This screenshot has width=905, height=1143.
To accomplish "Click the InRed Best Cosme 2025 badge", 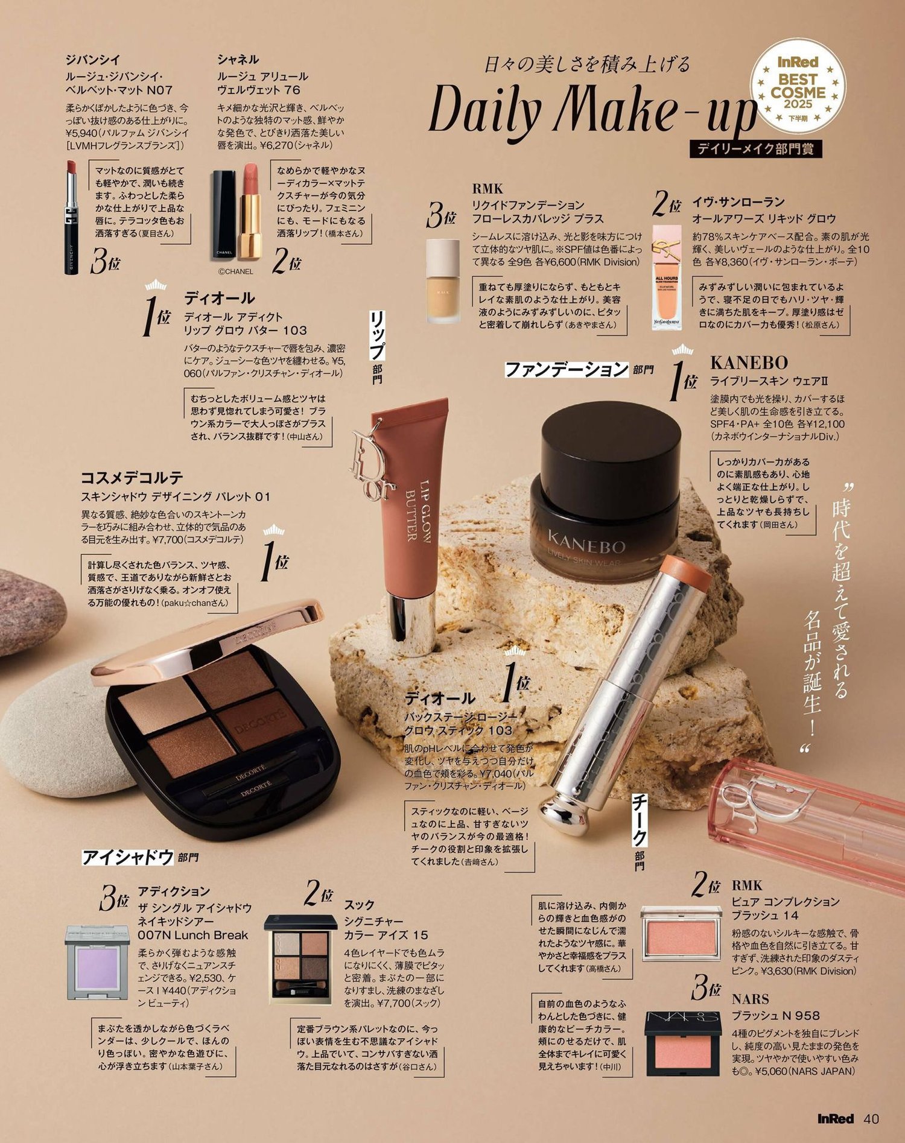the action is tap(797, 85).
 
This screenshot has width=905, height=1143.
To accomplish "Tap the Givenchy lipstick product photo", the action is tap(72, 217).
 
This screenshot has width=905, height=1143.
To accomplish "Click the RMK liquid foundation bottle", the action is tap(443, 280).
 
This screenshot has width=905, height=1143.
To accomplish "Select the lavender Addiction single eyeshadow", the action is tap(97, 961).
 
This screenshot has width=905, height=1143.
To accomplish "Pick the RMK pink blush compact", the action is tap(681, 933).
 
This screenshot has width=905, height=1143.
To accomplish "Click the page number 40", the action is tap(871, 1118).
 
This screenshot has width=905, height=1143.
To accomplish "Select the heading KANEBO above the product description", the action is tap(749, 363).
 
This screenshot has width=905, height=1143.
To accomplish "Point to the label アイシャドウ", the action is tap(128, 857).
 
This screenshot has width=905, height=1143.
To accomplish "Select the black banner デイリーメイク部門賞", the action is tap(755, 149).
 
